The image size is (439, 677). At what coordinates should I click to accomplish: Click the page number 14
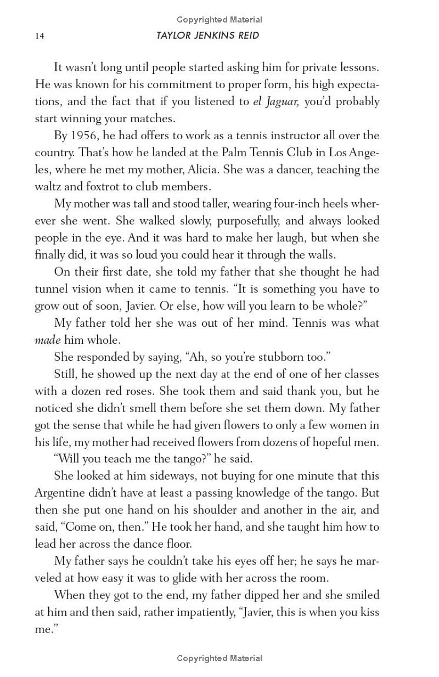tap(39, 36)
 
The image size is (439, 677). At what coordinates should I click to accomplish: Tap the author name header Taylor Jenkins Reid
tap(207, 36)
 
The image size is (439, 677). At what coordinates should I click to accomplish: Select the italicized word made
tap(47, 340)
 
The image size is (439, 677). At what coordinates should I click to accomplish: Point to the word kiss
tap(369, 612)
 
